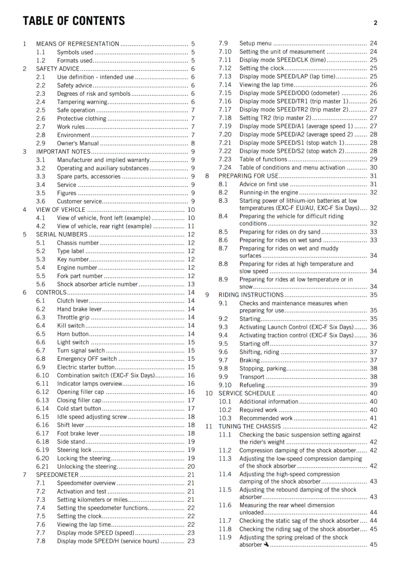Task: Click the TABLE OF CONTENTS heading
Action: [x=74, y=21]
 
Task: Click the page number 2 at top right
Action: [x=375, y=23]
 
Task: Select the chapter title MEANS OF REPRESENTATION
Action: [x=78, y=44]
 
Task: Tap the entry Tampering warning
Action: [x=82, y=102]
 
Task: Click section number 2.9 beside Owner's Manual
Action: [x=41, y=144]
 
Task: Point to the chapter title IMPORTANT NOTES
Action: [x=63, y=152]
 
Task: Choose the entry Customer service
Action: [x=79, y=201]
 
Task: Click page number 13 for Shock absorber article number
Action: [x=191, y=284]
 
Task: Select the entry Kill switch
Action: [x=71, y=326]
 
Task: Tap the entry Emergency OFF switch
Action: [x=87, y=359]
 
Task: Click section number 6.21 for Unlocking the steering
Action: [x=42, y=467]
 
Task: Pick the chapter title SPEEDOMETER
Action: [x=57, y=475]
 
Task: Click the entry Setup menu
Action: [x=255, y=43]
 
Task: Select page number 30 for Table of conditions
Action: [x=373, y=168]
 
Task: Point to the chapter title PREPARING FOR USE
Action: [x=248, y=176]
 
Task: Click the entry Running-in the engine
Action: [x=269, y=192]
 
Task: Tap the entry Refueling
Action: [x=252, y=385]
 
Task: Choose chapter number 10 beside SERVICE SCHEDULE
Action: [x=209, y=393]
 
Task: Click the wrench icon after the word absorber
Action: [x=266, y=544]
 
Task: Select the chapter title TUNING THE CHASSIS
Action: [x=250, y=427]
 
